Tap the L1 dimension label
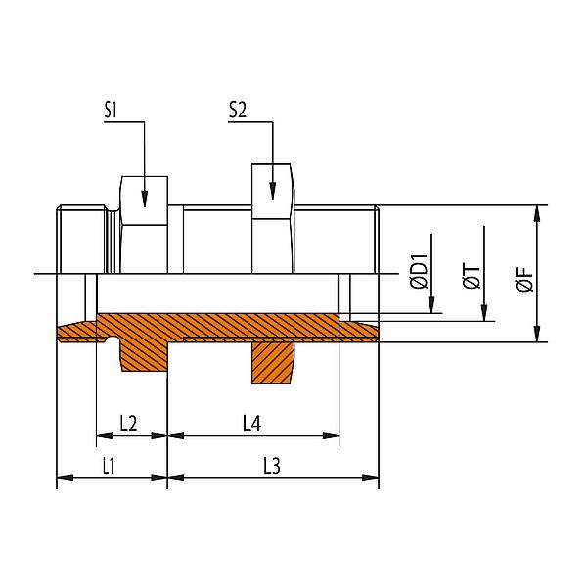[x=109, y=468]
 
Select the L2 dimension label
[x=129, y=424]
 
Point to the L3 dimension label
[x=274, y=468]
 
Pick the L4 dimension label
[x=253, y=424]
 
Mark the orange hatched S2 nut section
[x=274, y=362]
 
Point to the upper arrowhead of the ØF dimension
[x=536, y=212]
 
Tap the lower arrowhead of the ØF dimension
[x=536, y=336]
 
